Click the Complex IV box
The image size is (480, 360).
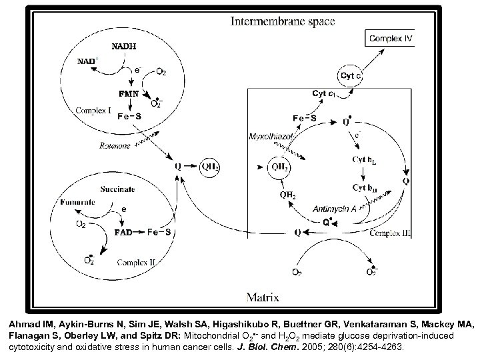click(391, 38)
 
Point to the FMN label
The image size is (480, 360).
click(129, 94)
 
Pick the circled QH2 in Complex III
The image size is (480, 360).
click(279, 167)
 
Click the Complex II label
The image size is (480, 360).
click(137, 264)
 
